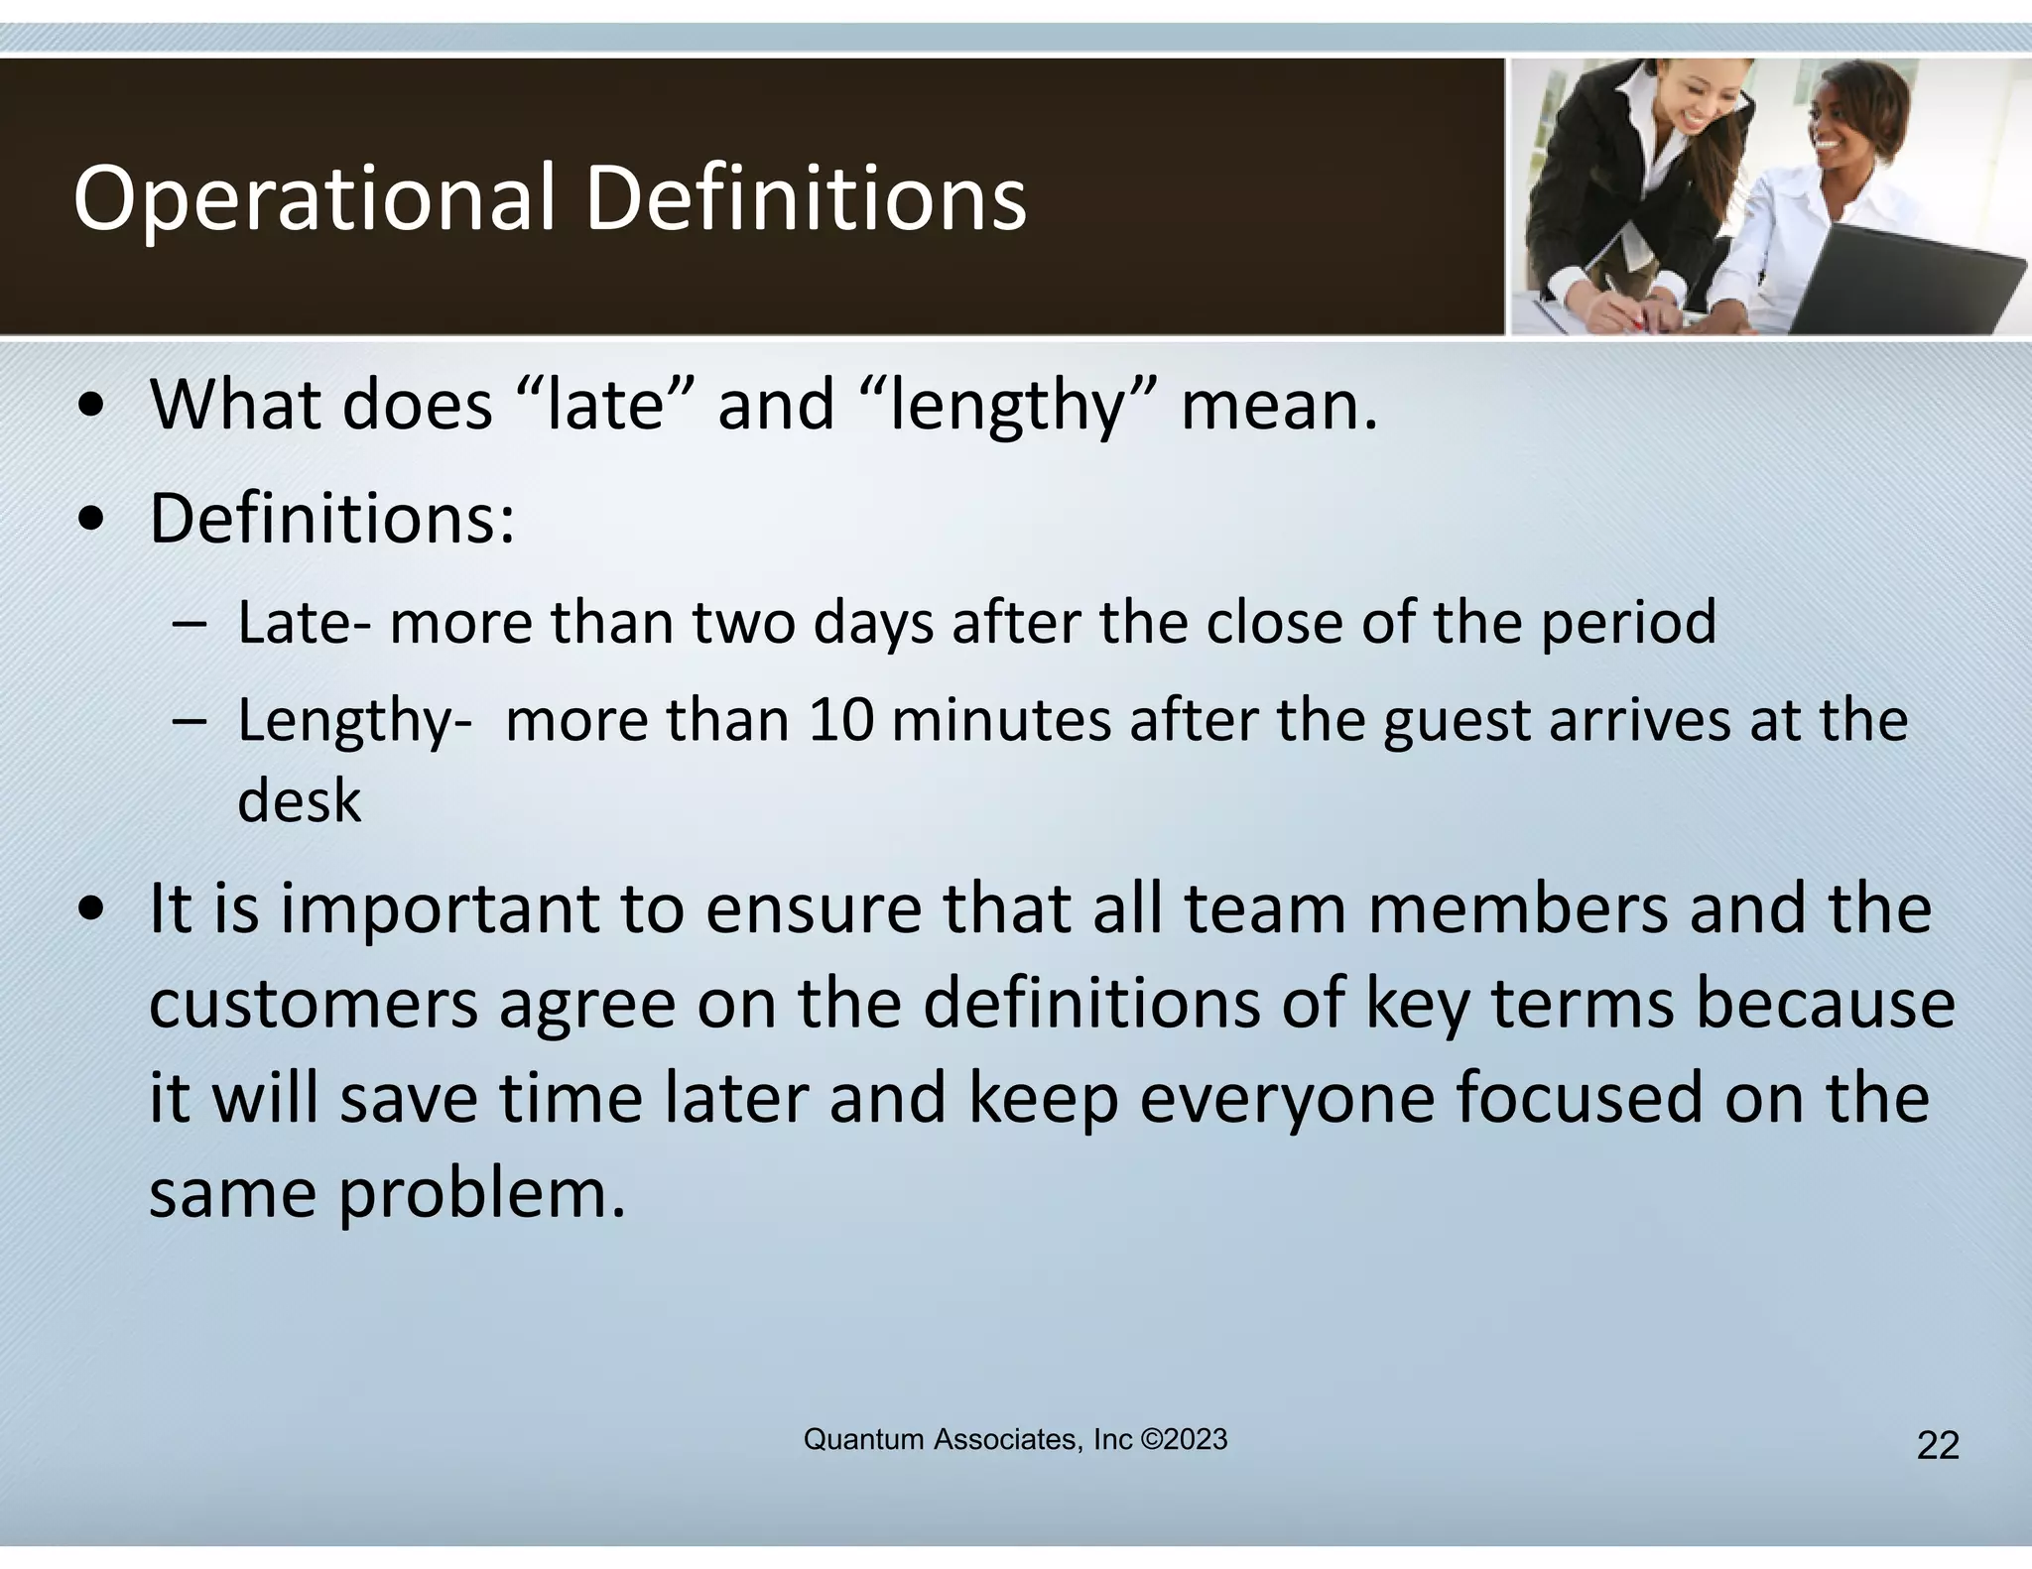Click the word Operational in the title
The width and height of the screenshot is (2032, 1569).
[314, 199]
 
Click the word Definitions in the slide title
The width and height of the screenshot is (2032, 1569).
[806, 199]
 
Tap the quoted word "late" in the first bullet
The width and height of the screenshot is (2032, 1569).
[604, 406]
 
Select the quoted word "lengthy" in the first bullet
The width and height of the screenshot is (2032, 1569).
[1008, 406]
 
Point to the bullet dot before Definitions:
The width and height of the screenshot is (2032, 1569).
[92, 520]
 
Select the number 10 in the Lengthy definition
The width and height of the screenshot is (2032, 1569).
[840, 720]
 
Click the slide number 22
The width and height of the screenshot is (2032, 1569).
[1937, 1446]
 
